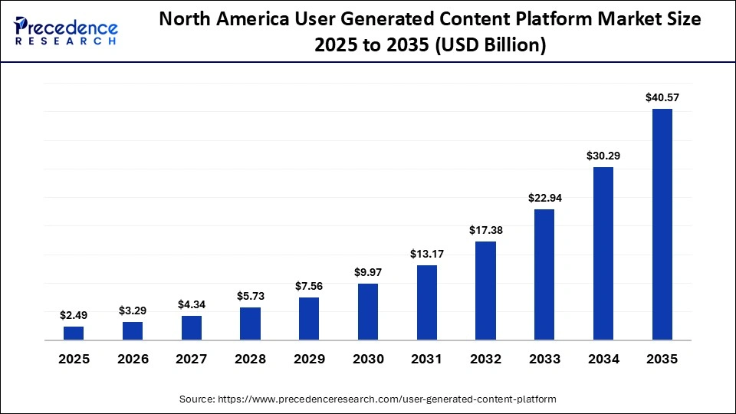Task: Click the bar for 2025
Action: click(x=74, y=333)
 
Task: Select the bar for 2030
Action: click(x=368, y=311)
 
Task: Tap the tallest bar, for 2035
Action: click(x=662, y=224)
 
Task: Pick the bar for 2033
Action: click(x=544, y=274)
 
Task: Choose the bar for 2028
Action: click(x=250, y=324)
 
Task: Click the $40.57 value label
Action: click(x=662, y=97)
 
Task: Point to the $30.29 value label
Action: click(x=603, y=156)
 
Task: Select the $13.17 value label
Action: click(x=427, y=254)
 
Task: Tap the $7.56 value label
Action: click(x=309, y=286)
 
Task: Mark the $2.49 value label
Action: click(x=74, y=315)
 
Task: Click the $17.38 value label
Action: click(x=485, y=230)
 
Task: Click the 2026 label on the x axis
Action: click(x=133, y=359)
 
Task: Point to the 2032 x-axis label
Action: click(x=485, y=359)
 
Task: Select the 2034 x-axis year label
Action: click(x=603, y=359)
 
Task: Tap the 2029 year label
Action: click(x=309, y=359)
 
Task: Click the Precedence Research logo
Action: click(x=66, y=31)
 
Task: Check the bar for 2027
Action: click(x=192, y=327)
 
